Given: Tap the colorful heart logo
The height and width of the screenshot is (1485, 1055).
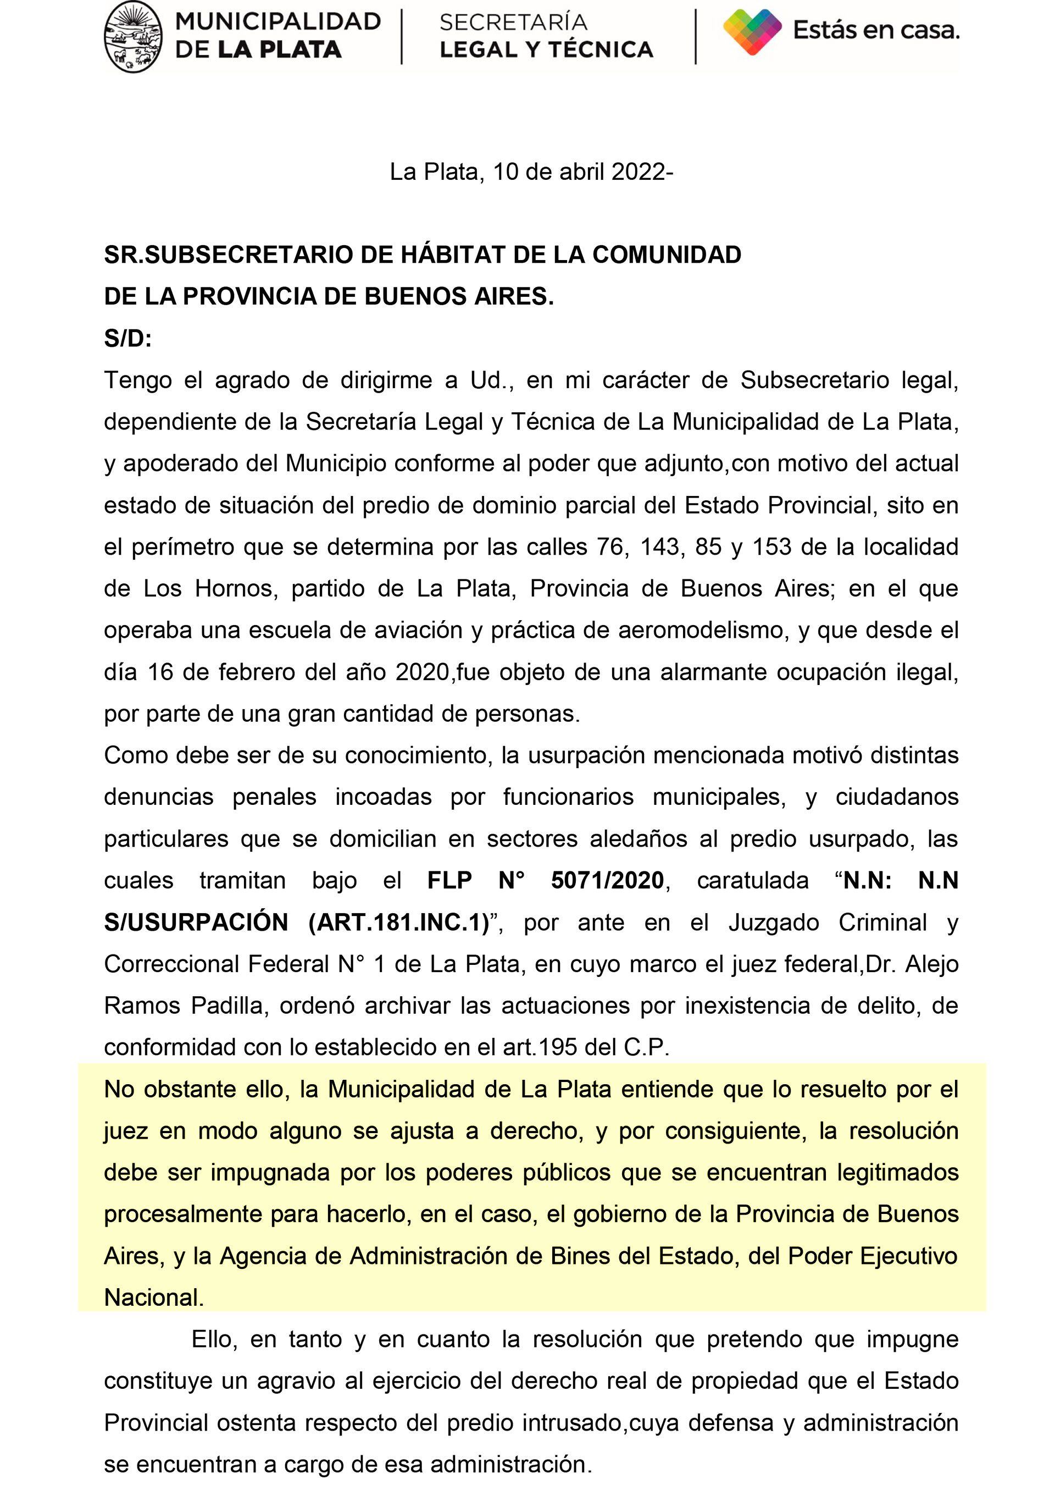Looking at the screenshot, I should [x=752, y=32].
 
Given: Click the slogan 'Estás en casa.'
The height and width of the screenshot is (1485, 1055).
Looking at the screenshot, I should [x=876, y=30].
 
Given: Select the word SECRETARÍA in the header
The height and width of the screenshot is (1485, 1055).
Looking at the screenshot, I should [x=513, y=22].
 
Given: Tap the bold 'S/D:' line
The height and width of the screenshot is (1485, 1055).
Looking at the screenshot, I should [x=127, y=339].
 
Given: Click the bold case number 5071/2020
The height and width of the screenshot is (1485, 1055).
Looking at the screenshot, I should [x=607, y=881].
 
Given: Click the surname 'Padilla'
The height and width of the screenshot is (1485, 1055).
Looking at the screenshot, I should [x=227, y=1006].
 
